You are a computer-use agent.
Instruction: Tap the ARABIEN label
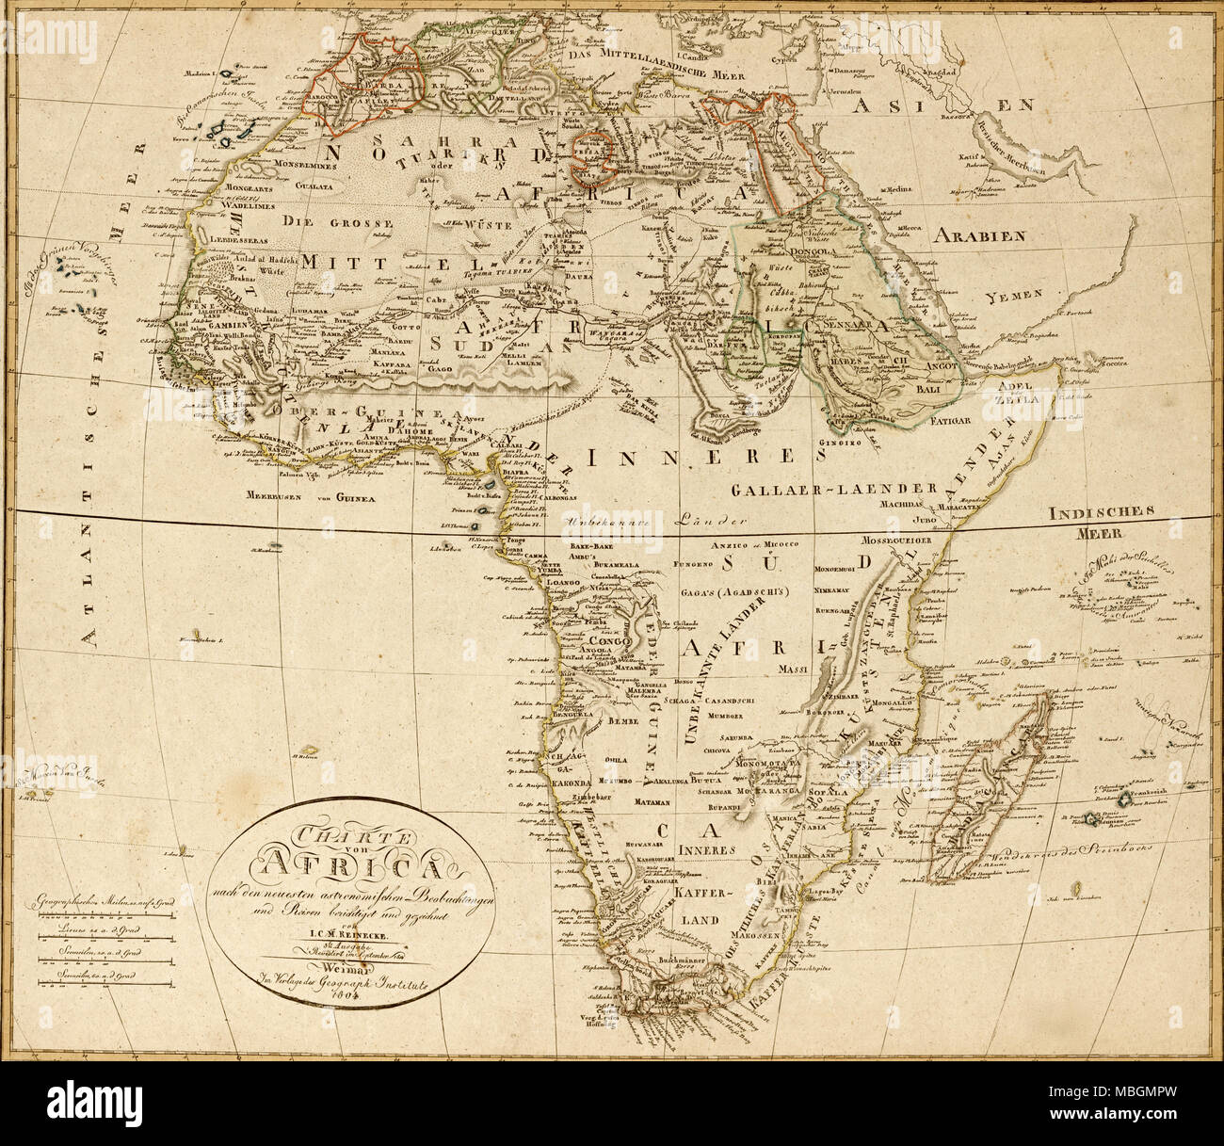click(x=979, y=235)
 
